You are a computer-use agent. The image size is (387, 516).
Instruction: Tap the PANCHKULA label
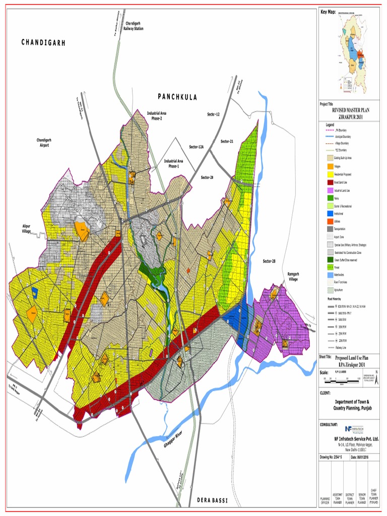click(177, 96)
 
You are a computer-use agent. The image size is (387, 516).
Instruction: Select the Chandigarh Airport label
click(43, 142)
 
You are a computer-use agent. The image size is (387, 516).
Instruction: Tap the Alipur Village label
click(27, 228)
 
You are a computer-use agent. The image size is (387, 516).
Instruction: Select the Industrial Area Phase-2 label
click(157, 116)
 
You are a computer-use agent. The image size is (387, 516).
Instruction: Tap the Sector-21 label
click(227, 142)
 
